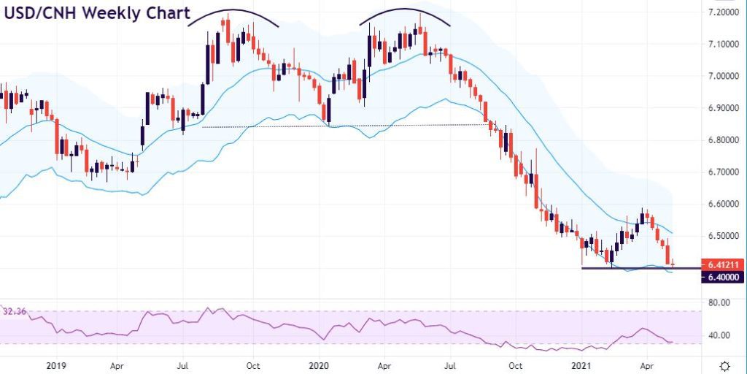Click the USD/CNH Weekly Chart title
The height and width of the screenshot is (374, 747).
pos(97,13)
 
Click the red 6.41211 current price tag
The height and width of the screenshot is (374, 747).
pos(723,264)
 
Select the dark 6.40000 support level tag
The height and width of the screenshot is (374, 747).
pos(723,277)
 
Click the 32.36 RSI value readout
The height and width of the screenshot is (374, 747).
pos(15,312)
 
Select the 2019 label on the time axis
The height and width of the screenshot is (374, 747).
pos(56,366)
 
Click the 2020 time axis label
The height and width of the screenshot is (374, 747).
pos(319,366)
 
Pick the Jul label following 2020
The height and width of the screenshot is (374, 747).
pos(450,366)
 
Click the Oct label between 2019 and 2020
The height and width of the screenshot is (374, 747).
pos(253,366)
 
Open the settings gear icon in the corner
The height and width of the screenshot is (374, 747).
pos(724,366)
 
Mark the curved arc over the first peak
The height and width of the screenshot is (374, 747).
pos(233,10)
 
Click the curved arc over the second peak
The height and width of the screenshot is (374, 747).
pos(405,9)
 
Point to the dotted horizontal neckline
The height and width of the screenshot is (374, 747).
pos(344,126)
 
